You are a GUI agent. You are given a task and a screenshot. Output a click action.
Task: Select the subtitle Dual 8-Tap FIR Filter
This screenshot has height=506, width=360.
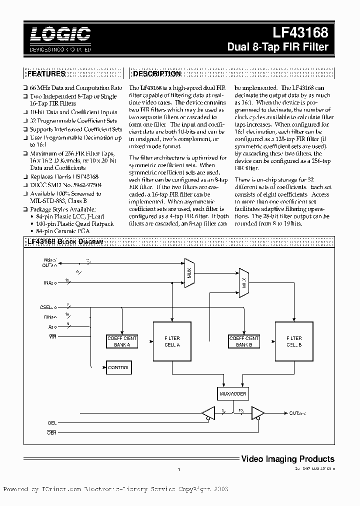click(x=277, y=47)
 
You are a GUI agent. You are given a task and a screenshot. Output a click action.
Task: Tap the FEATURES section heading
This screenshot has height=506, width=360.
click(x=46, y=74)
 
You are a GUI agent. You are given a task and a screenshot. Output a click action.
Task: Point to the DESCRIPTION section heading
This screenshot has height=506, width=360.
click(x=157, y=74)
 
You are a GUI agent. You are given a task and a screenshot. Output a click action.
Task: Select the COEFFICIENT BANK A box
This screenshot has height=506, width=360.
click(x=122, y=341)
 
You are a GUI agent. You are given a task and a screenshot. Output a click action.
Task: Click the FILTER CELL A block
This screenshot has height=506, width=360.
click(x=172, y=341)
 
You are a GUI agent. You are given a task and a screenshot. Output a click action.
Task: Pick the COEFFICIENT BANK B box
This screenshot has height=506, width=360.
click(x=244, y=341)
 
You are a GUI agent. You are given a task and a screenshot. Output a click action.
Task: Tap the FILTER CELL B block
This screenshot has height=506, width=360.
click(x=294, y=341)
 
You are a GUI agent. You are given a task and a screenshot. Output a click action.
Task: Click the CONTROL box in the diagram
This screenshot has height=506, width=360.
click(x=118, y=368)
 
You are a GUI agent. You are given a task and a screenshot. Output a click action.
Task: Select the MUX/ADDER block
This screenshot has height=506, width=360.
click(x=231, y=393)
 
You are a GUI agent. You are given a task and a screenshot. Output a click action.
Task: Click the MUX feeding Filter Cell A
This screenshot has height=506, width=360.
click(x=189, y=273)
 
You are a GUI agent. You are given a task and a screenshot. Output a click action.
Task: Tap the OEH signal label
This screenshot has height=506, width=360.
click(x=52, y=433)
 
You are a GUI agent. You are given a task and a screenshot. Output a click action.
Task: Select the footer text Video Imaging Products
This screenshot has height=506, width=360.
click(x=287, y=458)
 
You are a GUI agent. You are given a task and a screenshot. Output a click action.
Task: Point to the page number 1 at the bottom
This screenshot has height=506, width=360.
click(x=178, y=469)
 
